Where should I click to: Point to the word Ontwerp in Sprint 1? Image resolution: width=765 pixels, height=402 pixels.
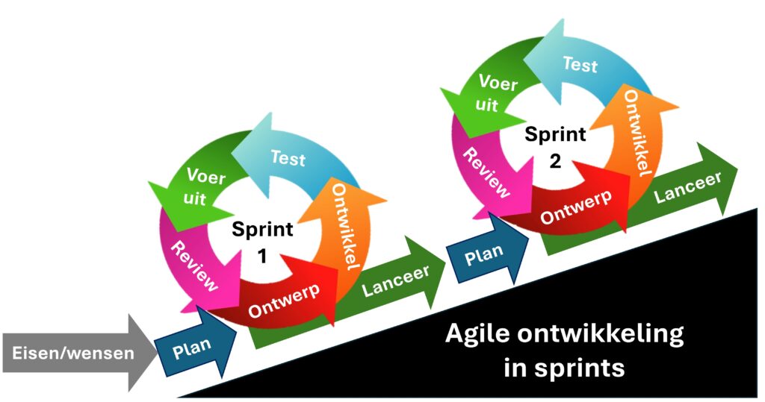pyautogui.click(x=283, y=297)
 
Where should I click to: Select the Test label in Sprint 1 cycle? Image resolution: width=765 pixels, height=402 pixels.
pyautogui.click(x=288, y=158)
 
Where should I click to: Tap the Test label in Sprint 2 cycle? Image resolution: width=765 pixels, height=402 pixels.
pyautogui.click(x=580, y=66)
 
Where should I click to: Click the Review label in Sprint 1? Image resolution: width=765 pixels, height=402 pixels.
pyautogui.click(x=195, y=265)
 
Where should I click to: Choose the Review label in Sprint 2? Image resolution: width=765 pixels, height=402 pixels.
pyautogui.click(x=487, y=172)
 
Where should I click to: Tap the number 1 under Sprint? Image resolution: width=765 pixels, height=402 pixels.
pyautogui.click(x=262, y=257)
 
